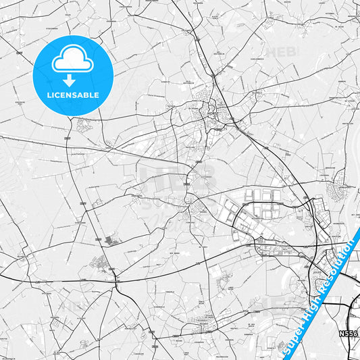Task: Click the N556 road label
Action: [x=349, y=334]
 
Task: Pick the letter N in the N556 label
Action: [x=342, y=334]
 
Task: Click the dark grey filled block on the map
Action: [x=109, y=240]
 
